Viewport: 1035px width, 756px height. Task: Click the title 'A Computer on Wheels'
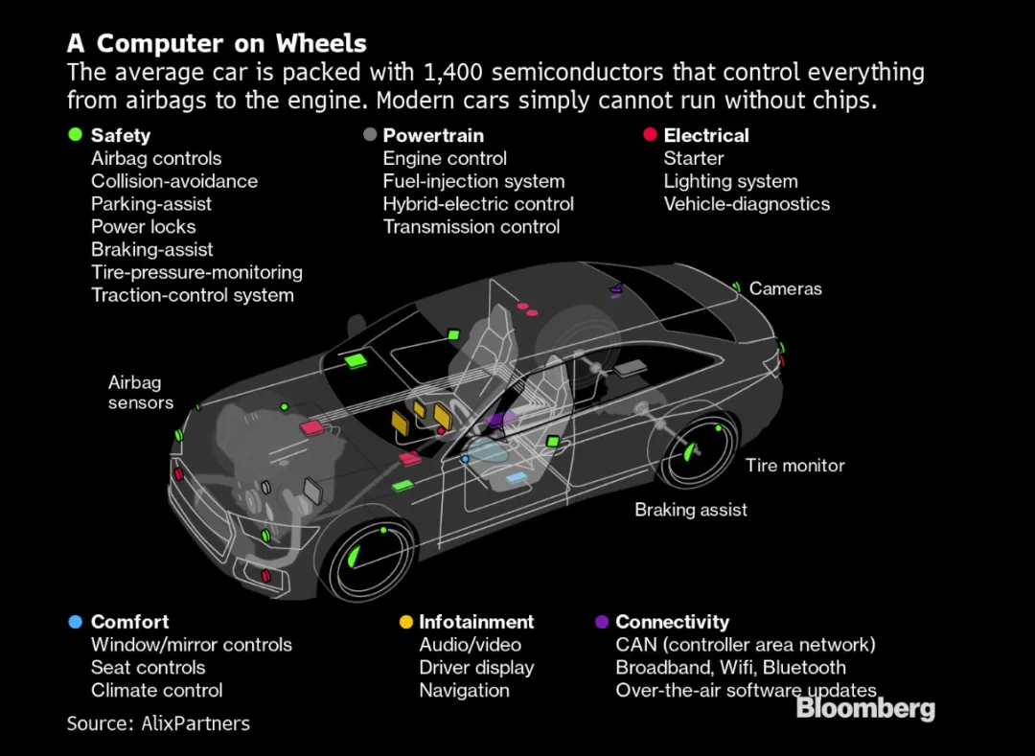pos(217,43)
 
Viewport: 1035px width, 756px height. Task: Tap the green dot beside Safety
pos(76,134)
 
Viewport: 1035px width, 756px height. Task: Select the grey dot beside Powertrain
pos(370,134)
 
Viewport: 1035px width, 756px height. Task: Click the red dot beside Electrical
pos(650,134)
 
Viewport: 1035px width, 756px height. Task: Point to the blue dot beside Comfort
pos(76,622)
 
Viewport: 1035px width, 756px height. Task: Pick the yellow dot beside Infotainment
pos(406,622)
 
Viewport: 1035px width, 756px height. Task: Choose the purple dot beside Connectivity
pos(601,622)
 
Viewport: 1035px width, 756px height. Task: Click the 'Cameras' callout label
pos(786,289)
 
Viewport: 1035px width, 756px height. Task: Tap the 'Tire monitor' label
pos(795,466)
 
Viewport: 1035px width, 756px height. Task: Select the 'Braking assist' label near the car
pos(691,510)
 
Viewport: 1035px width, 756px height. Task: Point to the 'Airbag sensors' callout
pos(141,393)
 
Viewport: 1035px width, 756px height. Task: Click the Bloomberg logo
pos(865,708)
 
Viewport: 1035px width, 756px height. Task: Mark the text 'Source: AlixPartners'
pos(158,723)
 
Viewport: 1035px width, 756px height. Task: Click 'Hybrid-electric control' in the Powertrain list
pos(478,204)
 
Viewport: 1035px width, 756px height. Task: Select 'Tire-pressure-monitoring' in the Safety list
pos(196,272)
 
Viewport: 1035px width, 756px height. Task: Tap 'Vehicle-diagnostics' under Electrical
pos(747,204)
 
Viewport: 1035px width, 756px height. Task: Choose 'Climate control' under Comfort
pos(157,690)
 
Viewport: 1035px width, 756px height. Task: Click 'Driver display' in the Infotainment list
pos(476,668)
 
